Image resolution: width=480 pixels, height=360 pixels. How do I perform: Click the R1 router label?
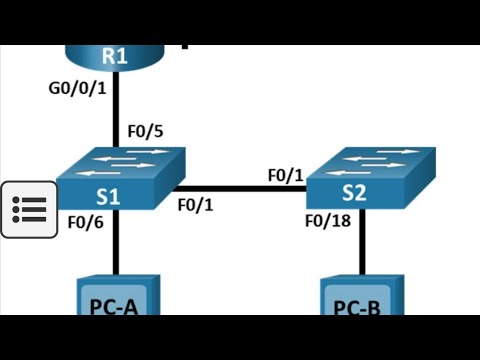(x=116, y=56)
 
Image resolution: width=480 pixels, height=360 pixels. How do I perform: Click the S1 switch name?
(x=109, y=196)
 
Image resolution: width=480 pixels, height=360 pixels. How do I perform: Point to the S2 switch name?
(x=353, y=192)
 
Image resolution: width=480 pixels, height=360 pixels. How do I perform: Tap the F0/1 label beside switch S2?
(x=285, y=175)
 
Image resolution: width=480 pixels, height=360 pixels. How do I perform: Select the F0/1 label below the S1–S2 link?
(x=196, y=205)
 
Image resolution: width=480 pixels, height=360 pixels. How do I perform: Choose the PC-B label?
(x=356, y=308)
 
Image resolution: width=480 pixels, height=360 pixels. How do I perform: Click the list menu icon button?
(x=28, y=210)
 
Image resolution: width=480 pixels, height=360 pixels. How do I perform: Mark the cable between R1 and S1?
(x=117, y=110)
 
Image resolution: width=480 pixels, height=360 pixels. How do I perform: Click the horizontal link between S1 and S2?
(x=240, y=187)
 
